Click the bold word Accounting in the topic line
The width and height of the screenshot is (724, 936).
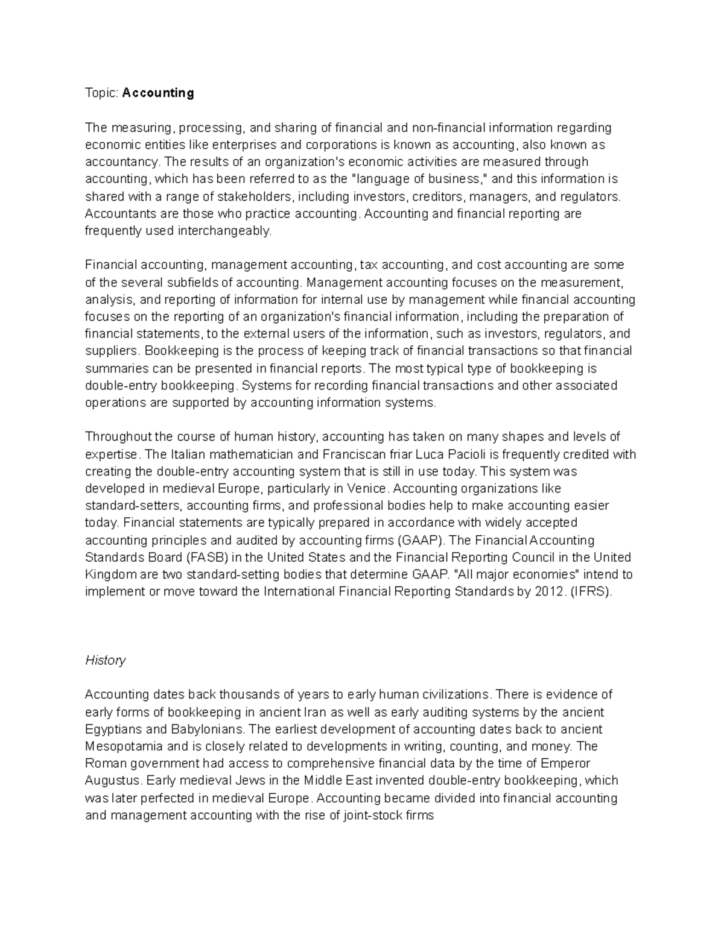tap(158, 93)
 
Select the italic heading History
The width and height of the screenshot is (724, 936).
tap(106, 660)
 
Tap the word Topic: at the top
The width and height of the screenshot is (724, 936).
tap(102, 93)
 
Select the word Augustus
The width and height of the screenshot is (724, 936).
tap(113, 781)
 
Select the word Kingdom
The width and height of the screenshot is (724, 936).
tap(110, 574)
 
